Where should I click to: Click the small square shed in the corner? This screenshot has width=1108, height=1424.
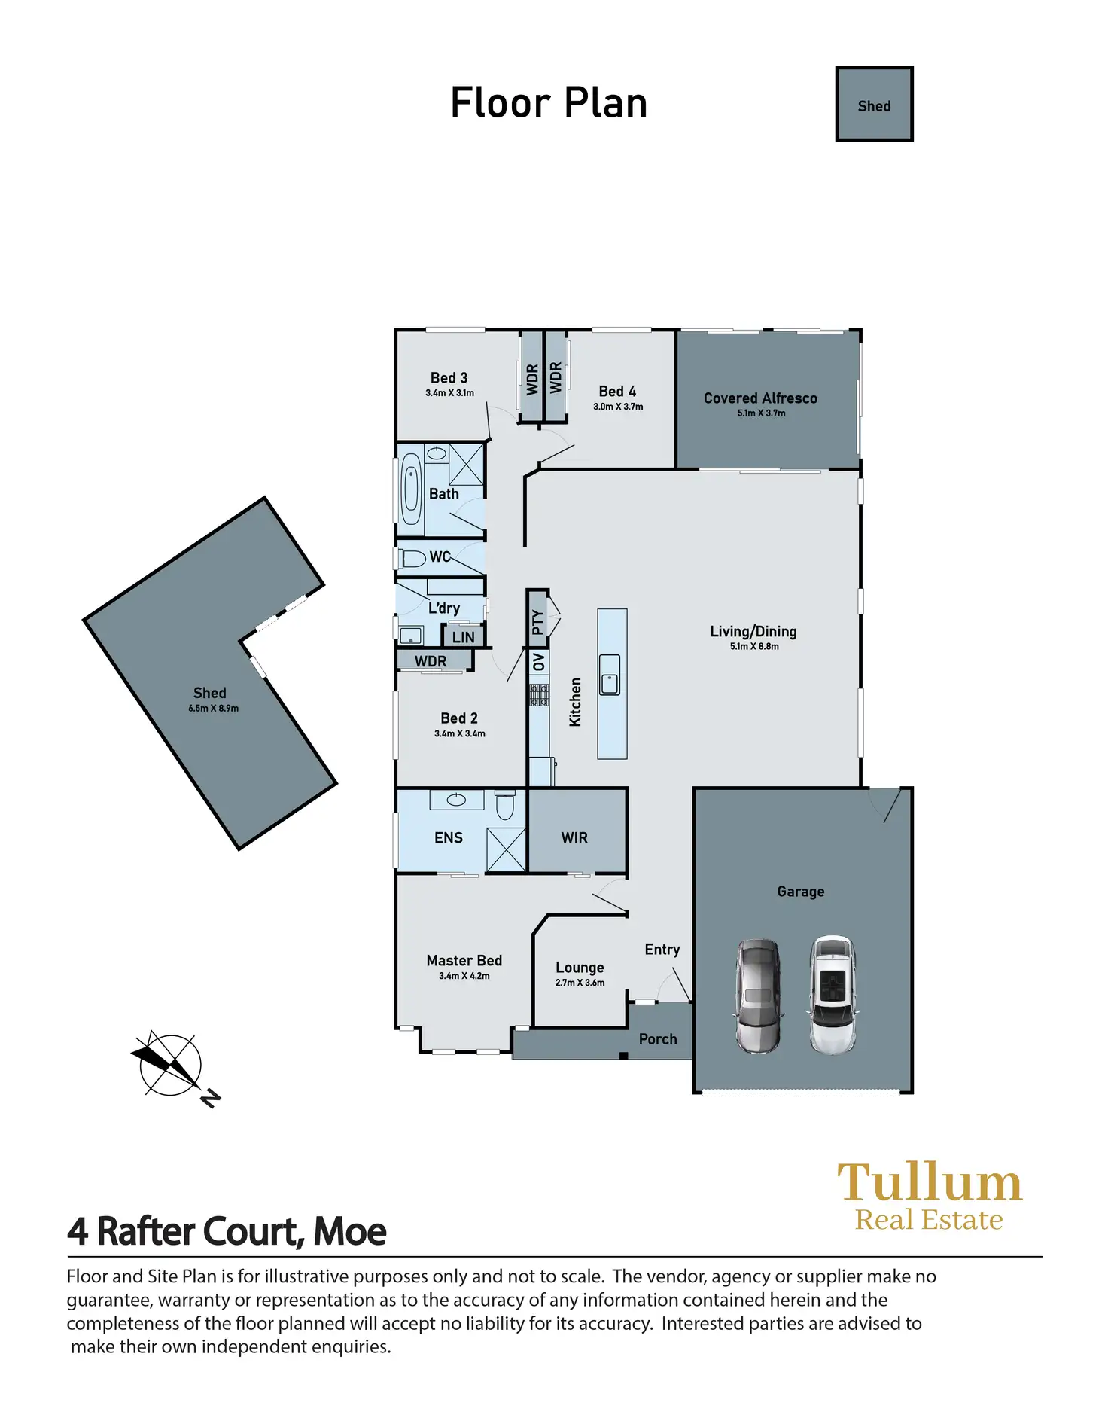[x=874, y=104]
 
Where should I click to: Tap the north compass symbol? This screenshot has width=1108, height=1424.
[x=172, y=1065]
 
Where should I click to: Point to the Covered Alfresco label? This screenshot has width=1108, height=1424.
[x=760, y=398]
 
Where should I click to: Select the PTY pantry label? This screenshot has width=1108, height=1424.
[x=537, y=622]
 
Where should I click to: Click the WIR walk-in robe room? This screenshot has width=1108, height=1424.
[x=575, y=837]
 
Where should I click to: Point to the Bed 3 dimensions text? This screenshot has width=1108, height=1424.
[x=449, y=393]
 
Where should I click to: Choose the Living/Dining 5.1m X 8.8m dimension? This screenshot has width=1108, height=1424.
[x=754, y=646]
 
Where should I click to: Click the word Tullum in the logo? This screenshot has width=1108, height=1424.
[x=930, y=1182]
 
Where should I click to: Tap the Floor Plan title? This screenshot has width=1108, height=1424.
[x=549, y=103]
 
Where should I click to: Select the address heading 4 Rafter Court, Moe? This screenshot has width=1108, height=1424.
[x=227, y=1231]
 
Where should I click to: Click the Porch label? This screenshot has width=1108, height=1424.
[x=658, y=1039]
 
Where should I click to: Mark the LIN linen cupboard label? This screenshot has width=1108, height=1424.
[x=464, y=637]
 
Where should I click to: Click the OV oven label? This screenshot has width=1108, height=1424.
[x=538, y=663]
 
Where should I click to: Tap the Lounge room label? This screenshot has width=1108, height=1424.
[x=580, y=968]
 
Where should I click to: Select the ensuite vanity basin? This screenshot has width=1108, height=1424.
[x=456, y=800]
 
